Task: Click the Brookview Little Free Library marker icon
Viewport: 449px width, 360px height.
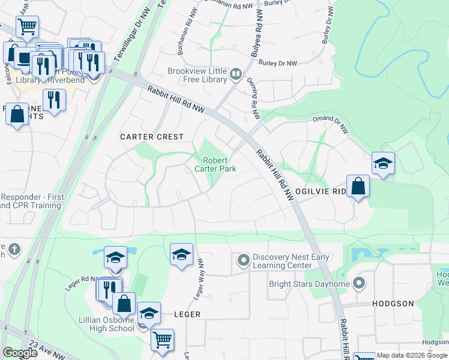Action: pyautogui.click(x=235, y=74)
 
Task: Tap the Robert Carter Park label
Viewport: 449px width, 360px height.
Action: pyautogui.click(x=219, y=164)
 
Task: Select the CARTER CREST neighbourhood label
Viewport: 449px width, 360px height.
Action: pyautogui.click(x=151, y=137)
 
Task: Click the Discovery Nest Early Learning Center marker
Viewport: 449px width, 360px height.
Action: pyautogui.click(x=243, y=260)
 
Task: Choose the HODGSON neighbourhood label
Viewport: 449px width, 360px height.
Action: pyautogui.click(x=393, y=304)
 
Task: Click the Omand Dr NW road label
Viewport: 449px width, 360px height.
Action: pyautogui.click(x=330, y=121)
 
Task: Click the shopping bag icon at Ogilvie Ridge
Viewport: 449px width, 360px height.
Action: pyautogui.click(x=358, y=185)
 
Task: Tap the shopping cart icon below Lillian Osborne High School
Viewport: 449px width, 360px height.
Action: pyautogui.click(x=162, y=339)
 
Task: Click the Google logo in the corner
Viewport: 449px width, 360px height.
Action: pyautogui.click(x=20, y=353)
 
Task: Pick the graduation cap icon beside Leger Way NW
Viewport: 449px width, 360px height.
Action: pyautogui.click(x=181, y=254)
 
